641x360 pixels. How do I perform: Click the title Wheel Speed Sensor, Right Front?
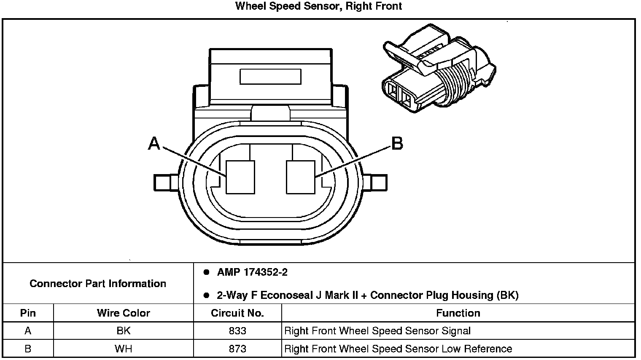pos(318,6)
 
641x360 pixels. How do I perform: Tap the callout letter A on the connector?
pos(154,144)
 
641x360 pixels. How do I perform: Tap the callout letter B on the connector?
pos(397,144)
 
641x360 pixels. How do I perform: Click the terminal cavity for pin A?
pos(240,177)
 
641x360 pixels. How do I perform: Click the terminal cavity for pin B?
pos(300,177)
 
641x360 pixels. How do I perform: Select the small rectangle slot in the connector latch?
pos(270,77)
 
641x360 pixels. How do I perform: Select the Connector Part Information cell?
pos(98,283)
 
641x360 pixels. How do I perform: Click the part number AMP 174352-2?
pos(252,272)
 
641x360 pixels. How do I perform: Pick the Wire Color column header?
pos(123,313)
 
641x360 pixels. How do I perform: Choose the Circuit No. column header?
pos(237,313)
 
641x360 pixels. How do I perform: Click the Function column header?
pos(458,313)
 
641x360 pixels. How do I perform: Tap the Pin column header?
pos(28,313)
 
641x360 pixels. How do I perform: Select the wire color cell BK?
pos(123,331)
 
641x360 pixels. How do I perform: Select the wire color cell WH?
pos(123,349)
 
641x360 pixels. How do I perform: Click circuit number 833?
pos(237,331)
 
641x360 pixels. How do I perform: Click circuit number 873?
pos(237,349)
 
